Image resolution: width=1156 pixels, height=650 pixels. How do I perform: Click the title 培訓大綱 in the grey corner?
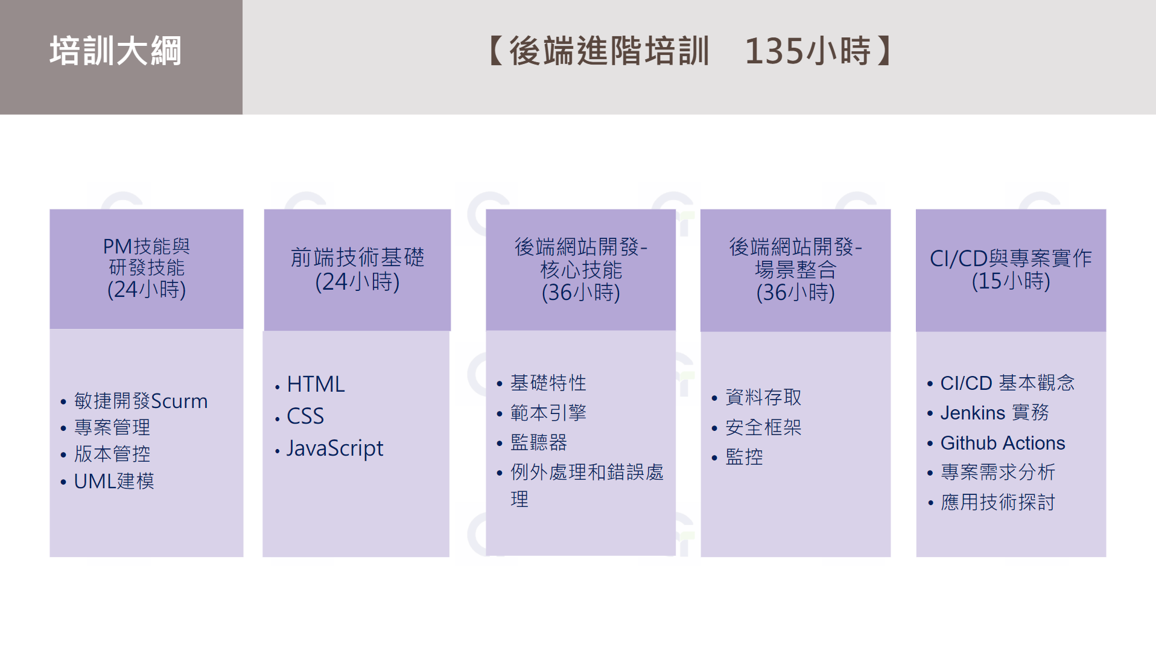[115, 51]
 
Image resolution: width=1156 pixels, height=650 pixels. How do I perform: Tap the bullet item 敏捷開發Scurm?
[141, 401]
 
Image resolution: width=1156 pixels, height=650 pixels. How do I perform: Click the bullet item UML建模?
[114, 481]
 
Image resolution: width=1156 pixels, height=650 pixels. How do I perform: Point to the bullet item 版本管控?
[112, 454]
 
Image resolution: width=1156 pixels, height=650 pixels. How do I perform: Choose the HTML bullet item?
[316, 384]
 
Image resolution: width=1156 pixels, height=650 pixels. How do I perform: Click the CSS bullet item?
[305, 416]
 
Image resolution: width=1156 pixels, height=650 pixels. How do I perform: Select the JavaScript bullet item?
[335, 448]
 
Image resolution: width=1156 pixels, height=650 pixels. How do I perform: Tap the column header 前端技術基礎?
[357, 257]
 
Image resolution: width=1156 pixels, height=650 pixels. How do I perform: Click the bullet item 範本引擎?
[548, 413]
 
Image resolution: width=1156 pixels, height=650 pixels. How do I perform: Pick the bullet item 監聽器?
[539, 442]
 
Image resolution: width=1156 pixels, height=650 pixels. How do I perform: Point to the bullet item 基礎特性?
[548, 383]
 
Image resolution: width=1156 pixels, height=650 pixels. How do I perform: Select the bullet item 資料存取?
[763, 397]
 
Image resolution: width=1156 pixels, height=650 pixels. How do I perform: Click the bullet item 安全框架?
[763, 427]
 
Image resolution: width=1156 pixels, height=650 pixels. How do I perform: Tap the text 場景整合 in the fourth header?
[795, 269]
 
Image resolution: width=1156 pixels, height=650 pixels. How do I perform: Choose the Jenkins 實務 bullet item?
[994, 413]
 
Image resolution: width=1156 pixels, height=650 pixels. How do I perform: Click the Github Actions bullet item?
[1003, 443]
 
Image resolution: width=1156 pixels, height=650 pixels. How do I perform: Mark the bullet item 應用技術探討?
[997, 502]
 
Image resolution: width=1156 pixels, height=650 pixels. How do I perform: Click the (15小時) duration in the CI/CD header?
[1011, 281]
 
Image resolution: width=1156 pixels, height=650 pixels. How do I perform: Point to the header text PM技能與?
[146, 246]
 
